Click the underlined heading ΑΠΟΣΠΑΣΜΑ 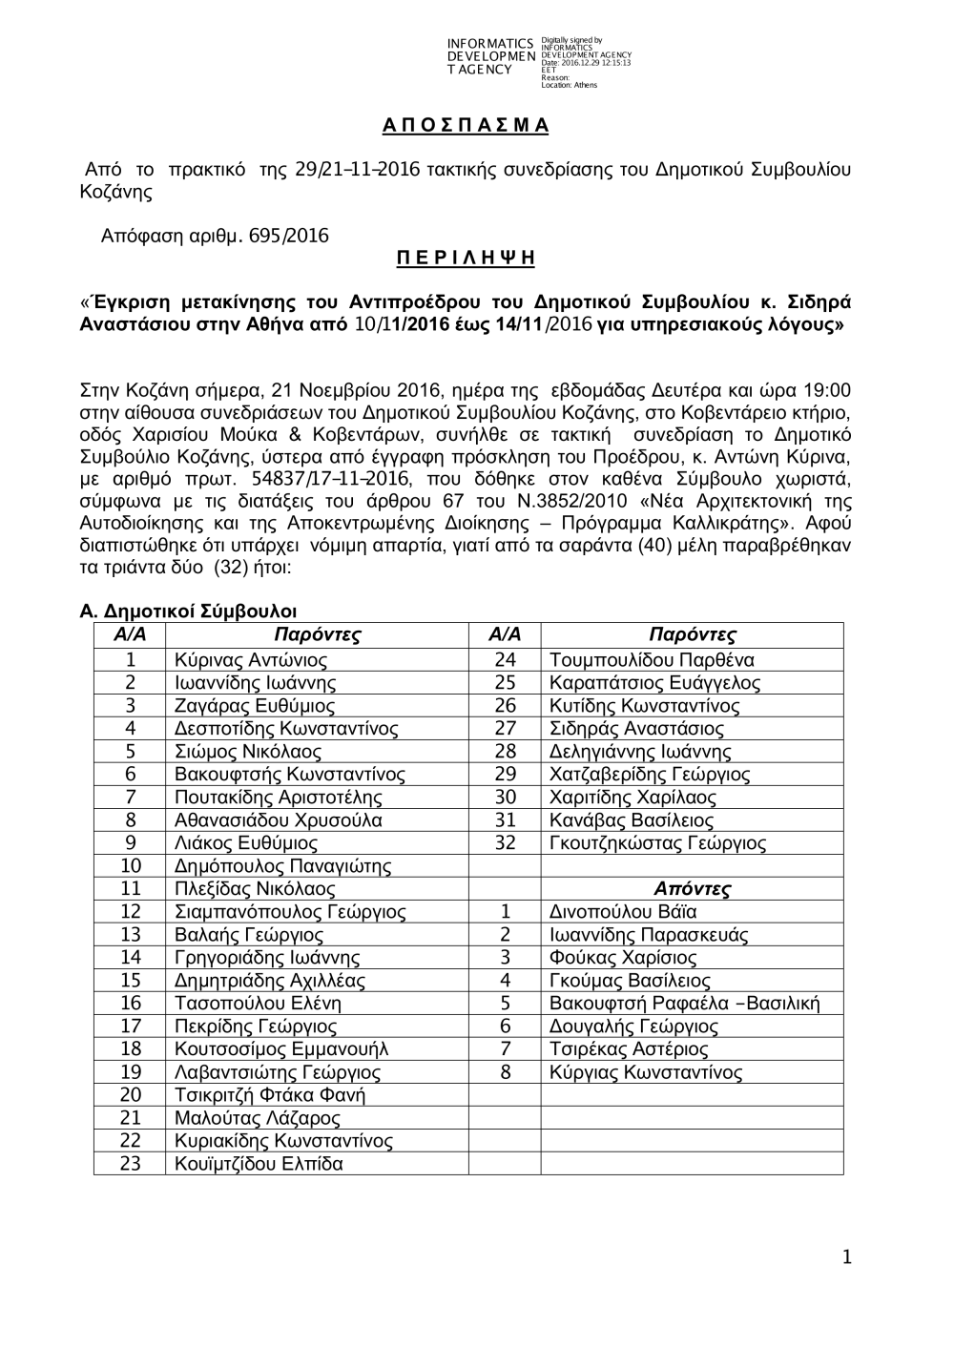[x=466, y=126]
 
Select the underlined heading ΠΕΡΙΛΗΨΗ [x=466, y=259]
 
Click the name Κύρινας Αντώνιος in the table [x=251, y=660]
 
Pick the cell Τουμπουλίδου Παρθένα [x=652, y=660]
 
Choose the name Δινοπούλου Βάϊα [x=623, y=912]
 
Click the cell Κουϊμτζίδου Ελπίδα [x=259, y=1164]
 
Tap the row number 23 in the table [x=130, y=1164]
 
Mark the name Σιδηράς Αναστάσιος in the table [x=636, y=729]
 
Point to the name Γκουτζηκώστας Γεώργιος [x=657, y=843]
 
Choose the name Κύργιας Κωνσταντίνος [x=646, y=1072]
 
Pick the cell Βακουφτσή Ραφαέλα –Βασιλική [x=684, y=1004]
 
